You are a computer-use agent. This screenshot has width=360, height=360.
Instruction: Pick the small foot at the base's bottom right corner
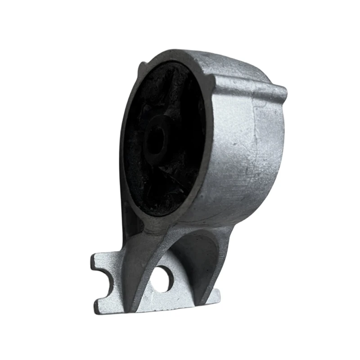215,296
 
